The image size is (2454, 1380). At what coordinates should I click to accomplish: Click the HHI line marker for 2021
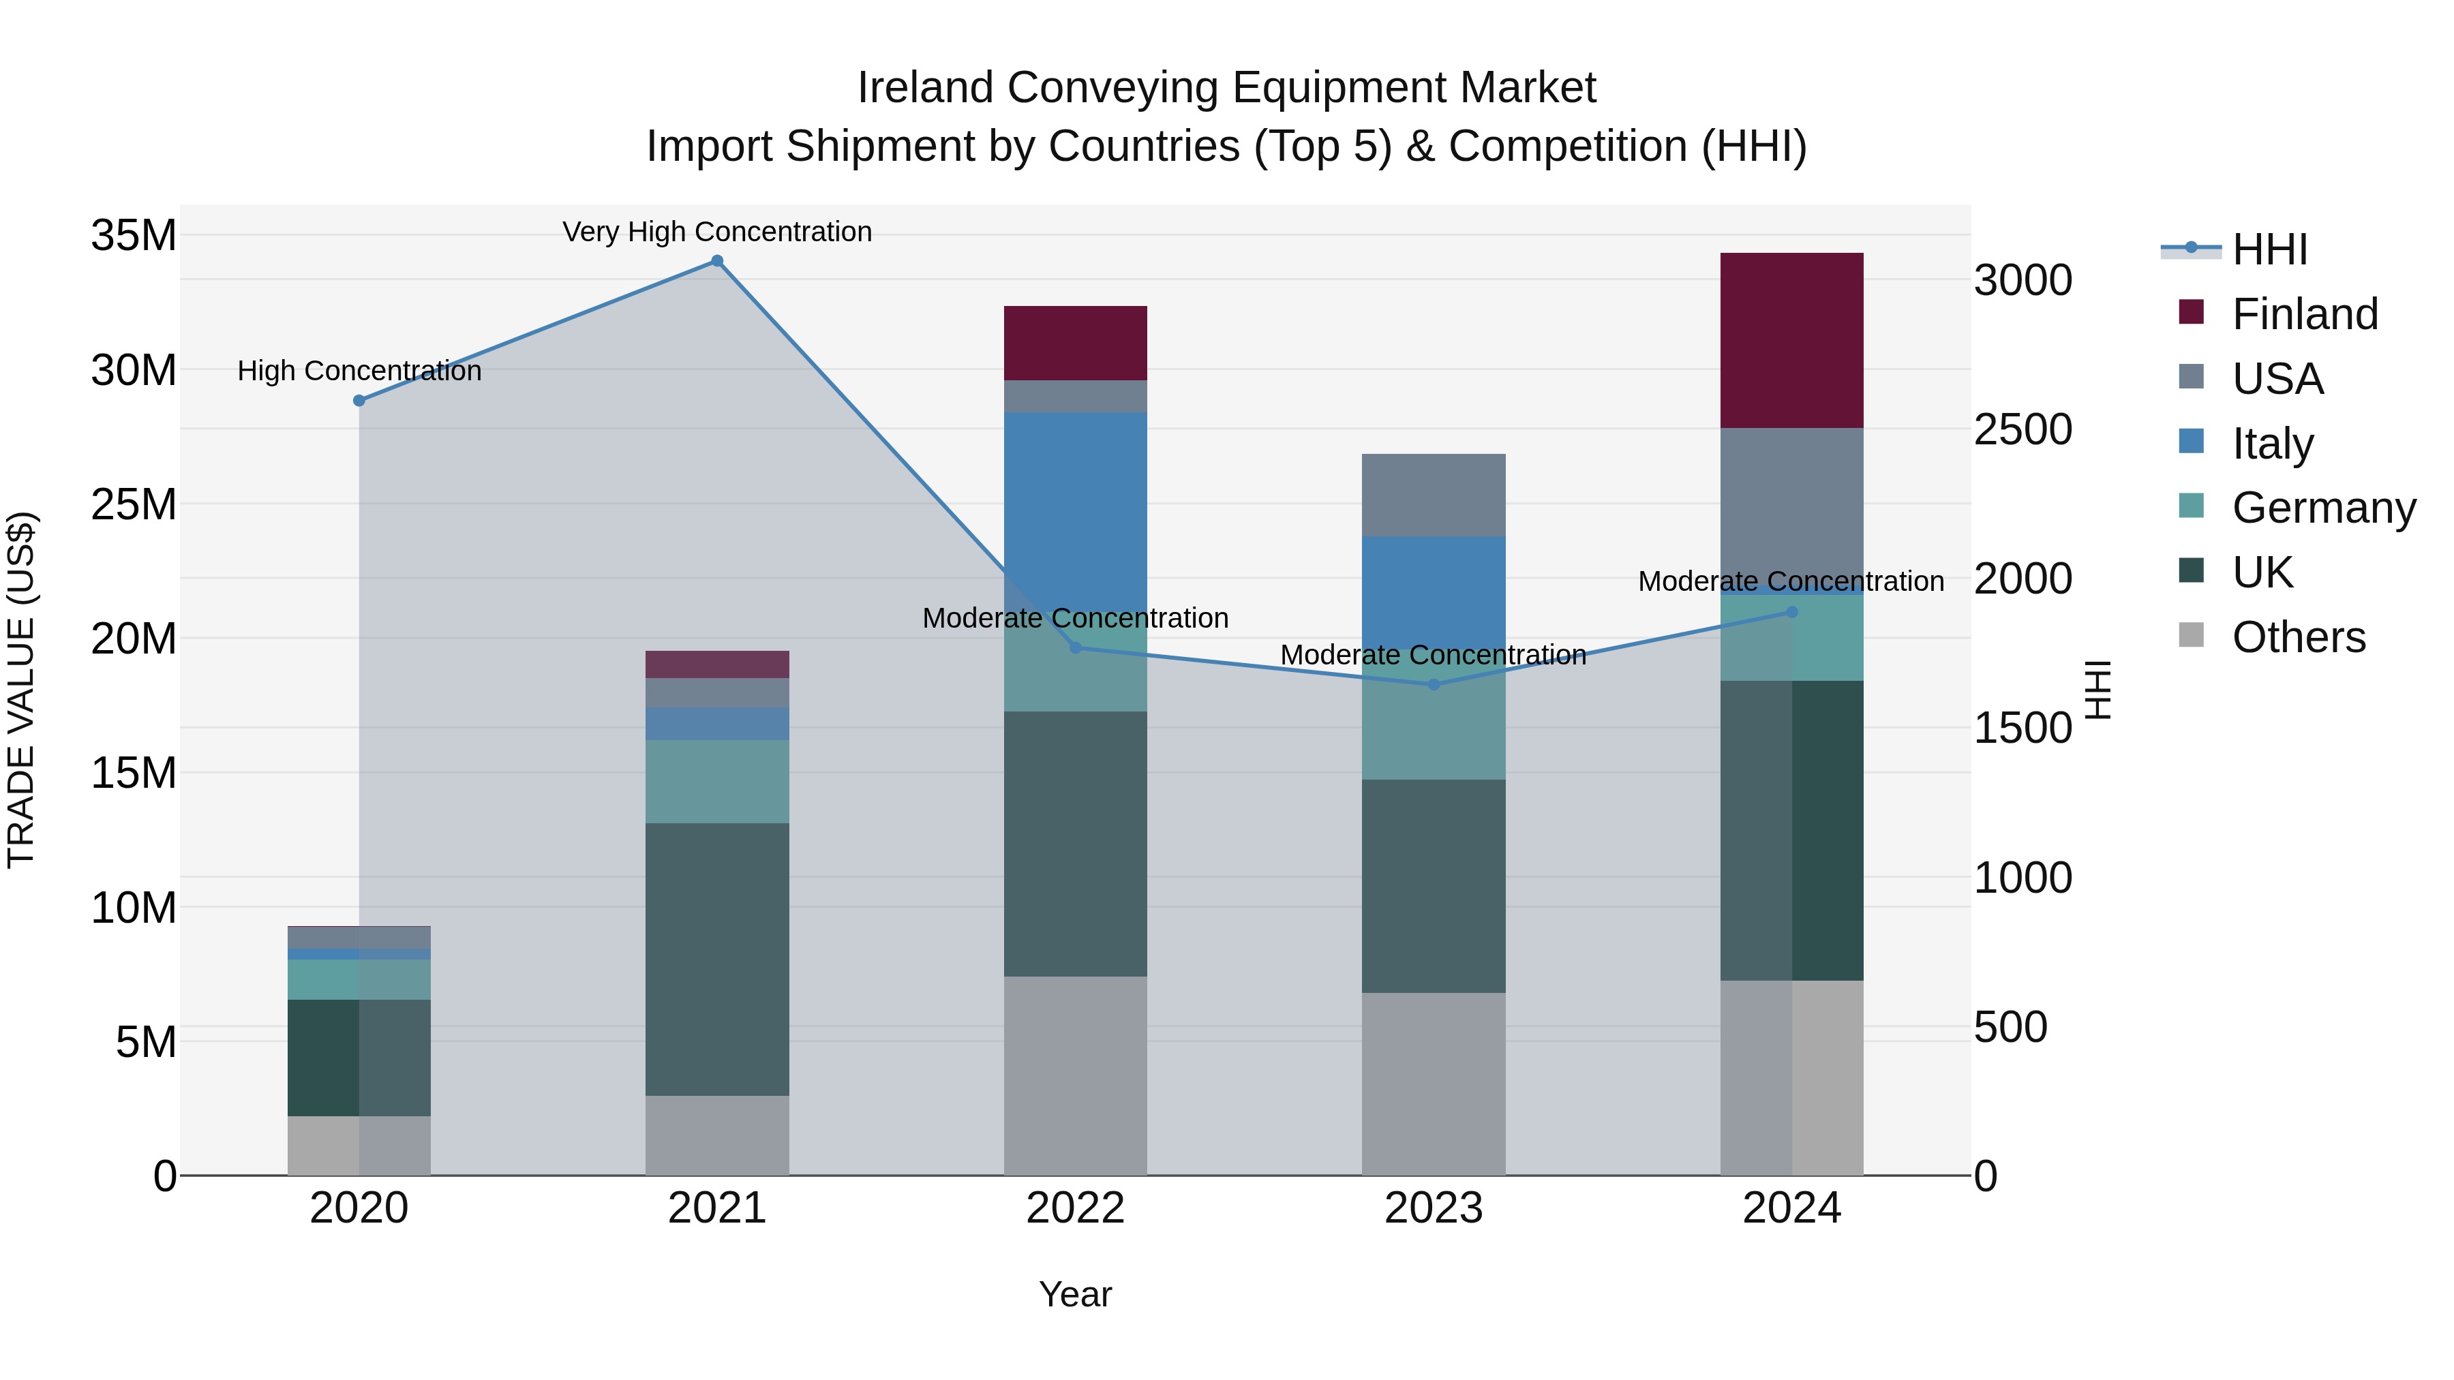[x=717, y=261]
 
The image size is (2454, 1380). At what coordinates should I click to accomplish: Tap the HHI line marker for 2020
[x=359, y=401]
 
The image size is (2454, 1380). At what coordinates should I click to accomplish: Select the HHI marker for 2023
[x=1434, y=685]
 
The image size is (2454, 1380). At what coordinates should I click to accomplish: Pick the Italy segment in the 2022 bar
[x=1076, y=505]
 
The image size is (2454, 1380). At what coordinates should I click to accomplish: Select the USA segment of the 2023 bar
[x=1434, y=495]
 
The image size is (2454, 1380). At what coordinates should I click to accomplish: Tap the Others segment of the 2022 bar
[x=1076, y=1076]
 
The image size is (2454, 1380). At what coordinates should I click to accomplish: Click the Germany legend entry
[x=2322, y=508]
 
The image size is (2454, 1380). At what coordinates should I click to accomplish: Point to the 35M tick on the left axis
[x=134, y=235]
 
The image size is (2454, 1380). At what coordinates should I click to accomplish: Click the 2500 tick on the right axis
[x=2023, y=429]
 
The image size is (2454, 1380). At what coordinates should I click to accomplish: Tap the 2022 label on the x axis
[x=1076, y=1208]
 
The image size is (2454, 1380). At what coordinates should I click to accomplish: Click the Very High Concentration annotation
[x=717, y=232]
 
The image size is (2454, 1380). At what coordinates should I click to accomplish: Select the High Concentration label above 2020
[x=359, y=371]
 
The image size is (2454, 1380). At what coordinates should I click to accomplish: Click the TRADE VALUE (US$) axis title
[x=21, y=690]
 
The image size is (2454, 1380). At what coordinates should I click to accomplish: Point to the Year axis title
[x=1076, y=1294]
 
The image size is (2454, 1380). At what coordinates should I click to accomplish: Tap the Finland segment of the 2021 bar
[x=717, y=664]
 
